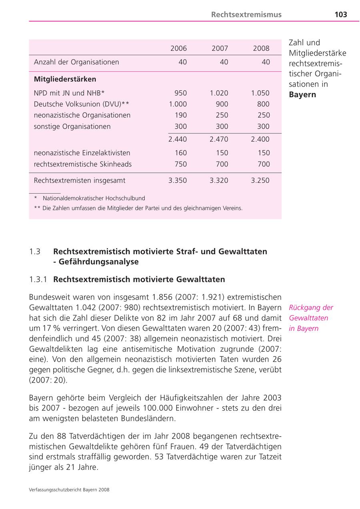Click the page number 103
(x=340, y=15)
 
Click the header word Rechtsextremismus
(x=246, y=15)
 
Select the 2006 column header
(x=178, y=48)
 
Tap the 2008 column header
(x=261, y=48)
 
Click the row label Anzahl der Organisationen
(x=76, y=62)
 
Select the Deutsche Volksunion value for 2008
(x=263, y=104)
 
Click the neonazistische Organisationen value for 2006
(x=181, y=115)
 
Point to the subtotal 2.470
(x=219, y=139)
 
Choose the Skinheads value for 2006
(x=181, y=164)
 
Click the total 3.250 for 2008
(x=260, y=180)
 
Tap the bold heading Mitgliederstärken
(x=65, y=79)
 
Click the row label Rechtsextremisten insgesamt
(x=80, y=180)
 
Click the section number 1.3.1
(x=38, y=279)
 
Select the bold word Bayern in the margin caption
(x=302, y=95)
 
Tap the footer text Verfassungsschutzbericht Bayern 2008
(x=69, y=489)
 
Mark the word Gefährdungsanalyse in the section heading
(x=98, y=262)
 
